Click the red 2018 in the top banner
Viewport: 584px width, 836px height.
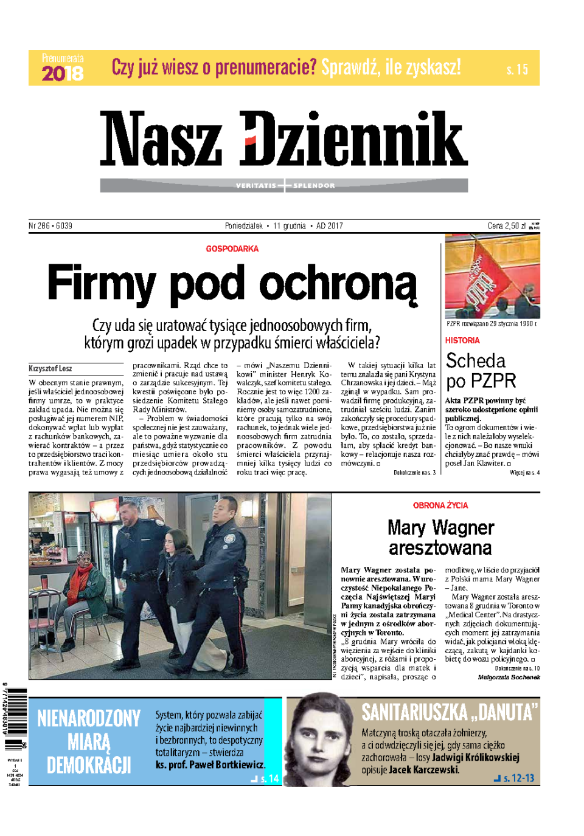pyautogui.click(x=63, y=74)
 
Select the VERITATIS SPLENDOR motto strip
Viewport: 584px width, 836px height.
pyautogui.click(x=284, y=185)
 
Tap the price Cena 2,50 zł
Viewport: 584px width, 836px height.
pyautogui.click(x=507, y=226)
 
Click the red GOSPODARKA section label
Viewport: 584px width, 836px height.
pyautogui.click(x=232, y=248)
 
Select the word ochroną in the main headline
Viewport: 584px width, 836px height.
pyautogui.click(x=338, y=284)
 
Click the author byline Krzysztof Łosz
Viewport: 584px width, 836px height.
pyautogui.click(x=50, y=368)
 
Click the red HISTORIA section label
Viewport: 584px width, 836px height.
pyautogui.click(x=462, y=341)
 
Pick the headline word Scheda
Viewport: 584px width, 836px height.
pyautogui.click(x=476, y=361)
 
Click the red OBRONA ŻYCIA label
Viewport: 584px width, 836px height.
pyautogui.click(x=440, y=505)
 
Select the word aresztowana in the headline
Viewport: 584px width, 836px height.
pyautogui.click(x=440, y=548)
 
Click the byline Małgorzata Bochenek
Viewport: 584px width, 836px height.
pyautogui.click(x=509, y=677)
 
